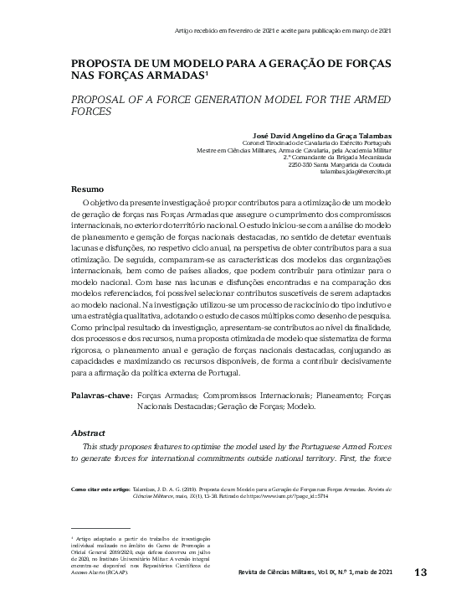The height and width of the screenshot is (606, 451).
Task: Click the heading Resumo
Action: point(87,189)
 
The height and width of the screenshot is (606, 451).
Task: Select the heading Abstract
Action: point(89,433)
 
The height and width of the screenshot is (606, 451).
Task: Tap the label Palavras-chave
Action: point(100,393)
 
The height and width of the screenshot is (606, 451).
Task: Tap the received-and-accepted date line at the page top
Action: point(283,29)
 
